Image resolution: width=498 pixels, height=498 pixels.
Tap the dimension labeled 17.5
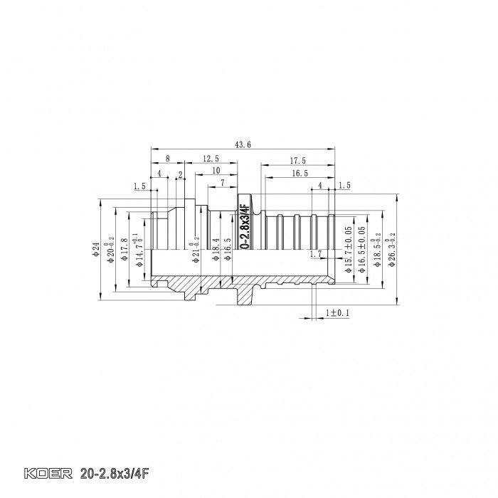click(298, 160)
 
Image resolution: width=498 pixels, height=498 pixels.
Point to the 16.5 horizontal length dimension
click(300, 173)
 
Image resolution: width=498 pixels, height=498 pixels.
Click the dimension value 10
click(215, 171)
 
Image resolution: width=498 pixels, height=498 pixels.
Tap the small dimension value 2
click(181, 174)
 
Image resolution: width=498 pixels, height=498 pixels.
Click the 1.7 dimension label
click(317, 253)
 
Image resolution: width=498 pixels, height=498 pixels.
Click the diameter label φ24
click(95, 249)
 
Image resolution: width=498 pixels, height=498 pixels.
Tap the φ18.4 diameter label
click(216, 249)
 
